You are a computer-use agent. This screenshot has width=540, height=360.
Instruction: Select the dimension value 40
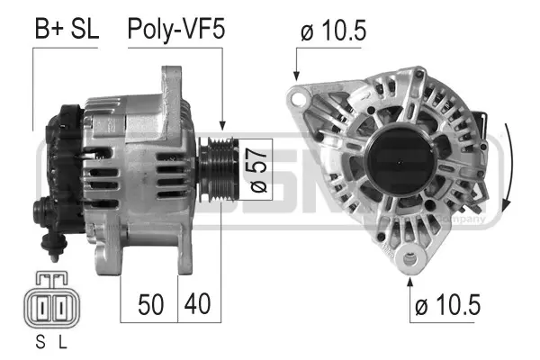198,303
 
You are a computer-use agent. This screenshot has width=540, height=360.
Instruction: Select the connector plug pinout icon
50,305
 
